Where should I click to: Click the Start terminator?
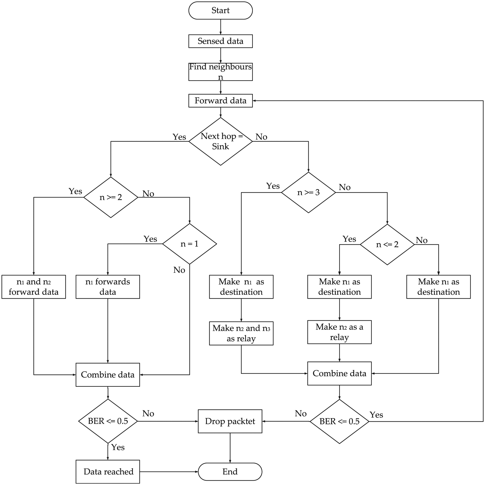(220, 10)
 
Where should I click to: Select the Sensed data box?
(220, 41)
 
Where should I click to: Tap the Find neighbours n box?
(220, 72)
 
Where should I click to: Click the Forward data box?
(220, 100)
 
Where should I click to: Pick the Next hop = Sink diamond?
(220, 141)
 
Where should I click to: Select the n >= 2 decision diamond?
(111, 197)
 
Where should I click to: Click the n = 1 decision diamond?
(190, 244)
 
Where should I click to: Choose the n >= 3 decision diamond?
(308, 192)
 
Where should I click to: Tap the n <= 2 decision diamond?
(387, 244)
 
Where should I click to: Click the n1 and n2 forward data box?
(34, 287)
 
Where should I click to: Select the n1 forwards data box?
(108, 287)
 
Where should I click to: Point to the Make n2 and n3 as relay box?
(241, 333)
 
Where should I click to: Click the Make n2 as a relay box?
(339, 332)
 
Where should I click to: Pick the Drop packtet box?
(230, 421)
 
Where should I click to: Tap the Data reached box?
(108, 472)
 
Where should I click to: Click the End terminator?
(230, 472)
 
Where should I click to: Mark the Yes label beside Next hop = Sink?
(179, 137)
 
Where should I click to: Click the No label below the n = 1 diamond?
(179, 270)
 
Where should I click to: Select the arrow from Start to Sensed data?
(221, 27)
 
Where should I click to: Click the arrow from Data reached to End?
(169, 472)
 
